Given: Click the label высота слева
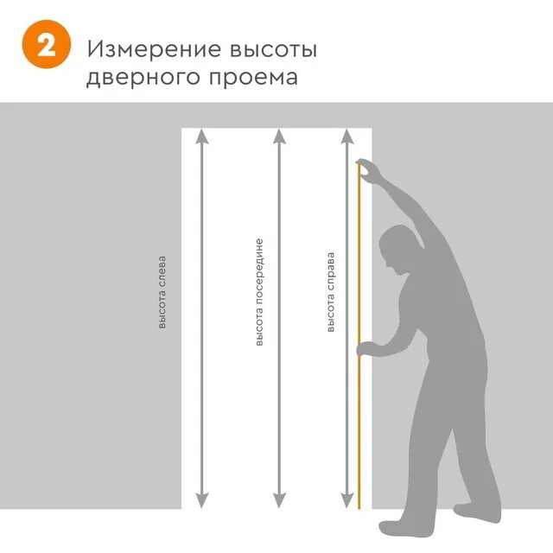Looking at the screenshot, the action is pos(162,292).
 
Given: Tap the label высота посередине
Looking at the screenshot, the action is pos(258,292).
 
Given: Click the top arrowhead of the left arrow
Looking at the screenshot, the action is pos(201,136).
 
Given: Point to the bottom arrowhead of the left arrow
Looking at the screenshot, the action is pos(201,499).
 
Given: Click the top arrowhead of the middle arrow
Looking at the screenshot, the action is pos(278,136).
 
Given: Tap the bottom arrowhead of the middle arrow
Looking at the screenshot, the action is pos(278,499).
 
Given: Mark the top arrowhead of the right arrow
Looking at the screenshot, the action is pos(347,136).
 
